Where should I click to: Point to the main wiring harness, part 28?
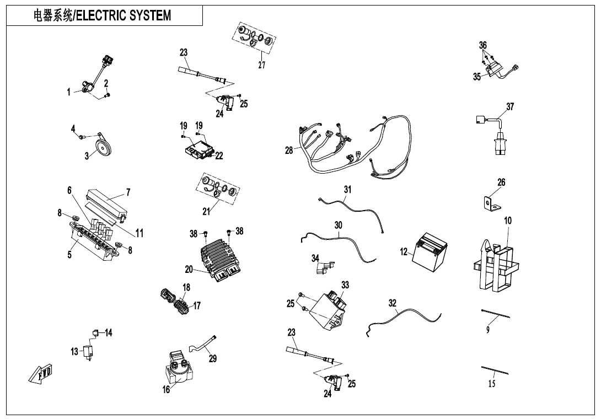353,149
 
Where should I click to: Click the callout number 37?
510,106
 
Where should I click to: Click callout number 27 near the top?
262,65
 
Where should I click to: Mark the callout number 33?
345,285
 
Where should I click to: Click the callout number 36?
483,45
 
